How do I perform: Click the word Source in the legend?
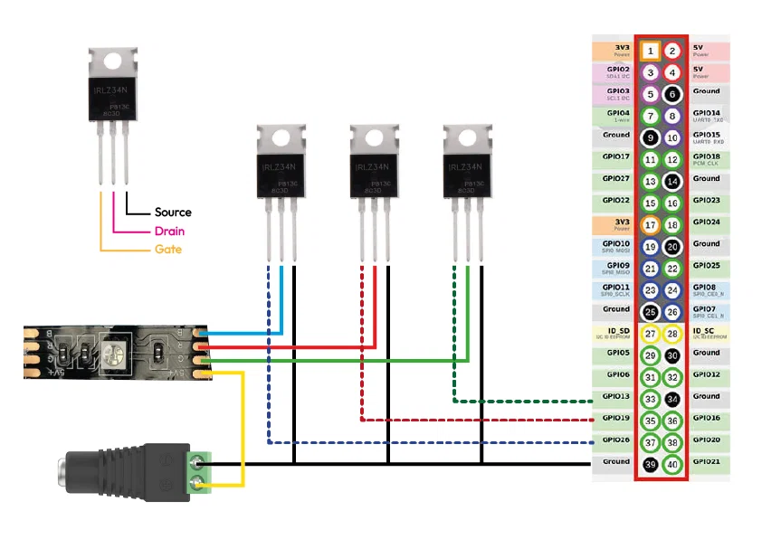[x=173, y=212]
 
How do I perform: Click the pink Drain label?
[x=170, y=231]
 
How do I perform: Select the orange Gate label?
[x=167, y=249]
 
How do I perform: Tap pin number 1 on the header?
[x=650, y=51]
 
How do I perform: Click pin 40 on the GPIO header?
[x=672, y=464]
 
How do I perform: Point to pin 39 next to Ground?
[x=650, y=464]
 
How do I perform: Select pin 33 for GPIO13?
[x=650, y=399]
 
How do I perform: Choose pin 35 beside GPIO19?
[x=650, y=421]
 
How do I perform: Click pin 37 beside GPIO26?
[x=650, y=442]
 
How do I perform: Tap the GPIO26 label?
[x=616, y=440]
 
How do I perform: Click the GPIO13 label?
[x=616, y=396]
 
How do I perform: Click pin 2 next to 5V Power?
[x=672, y=51]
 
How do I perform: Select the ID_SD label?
[x=616, y=331]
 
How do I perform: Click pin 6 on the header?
[x=672, y=94]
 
